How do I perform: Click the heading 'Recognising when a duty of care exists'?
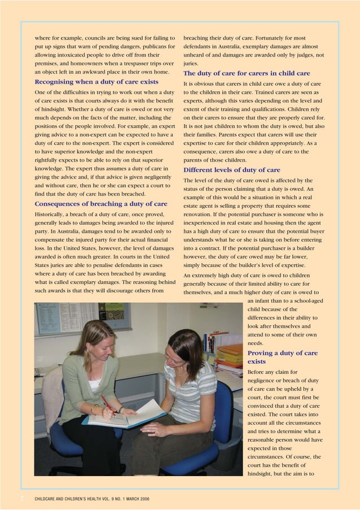[x=96, y=82]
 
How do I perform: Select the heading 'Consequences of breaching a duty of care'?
[x=101, y=204]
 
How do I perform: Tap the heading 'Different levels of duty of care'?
[x=232, y=169]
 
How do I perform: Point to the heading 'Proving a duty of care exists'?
[x=282, y=357]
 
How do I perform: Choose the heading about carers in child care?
[x=247, y=73]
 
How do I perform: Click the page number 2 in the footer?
[x=22, y=499]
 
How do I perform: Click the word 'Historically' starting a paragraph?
[x=54, y=214]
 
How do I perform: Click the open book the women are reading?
[x=127, y=415]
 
